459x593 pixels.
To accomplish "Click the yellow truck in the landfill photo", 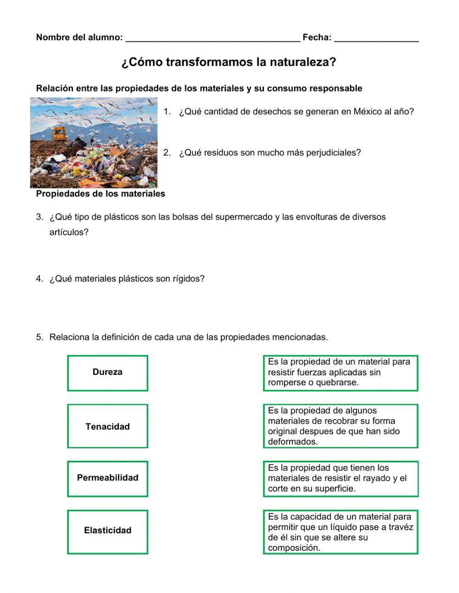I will coord(59,134).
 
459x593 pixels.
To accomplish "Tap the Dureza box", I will coord(107,373).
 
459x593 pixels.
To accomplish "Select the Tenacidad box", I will coord(107,426).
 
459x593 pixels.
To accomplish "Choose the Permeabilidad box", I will coord(107,478).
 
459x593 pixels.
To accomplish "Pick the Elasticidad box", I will coord(107,531).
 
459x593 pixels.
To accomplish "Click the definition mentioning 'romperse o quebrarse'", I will coord(340,373).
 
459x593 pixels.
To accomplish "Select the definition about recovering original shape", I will coord(340,426).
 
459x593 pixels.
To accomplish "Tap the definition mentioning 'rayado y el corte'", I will coord(340,479).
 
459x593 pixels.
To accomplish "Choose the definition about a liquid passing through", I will coord(340,532).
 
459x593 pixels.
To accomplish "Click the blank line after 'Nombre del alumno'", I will coord(213,38).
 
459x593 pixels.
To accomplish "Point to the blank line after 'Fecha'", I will coord(376,38).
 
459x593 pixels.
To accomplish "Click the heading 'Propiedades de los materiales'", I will coord(101,194).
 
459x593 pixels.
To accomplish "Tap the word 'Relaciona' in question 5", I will coord(69,337).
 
